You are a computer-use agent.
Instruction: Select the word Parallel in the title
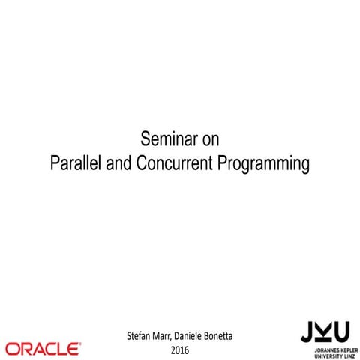[x=76, y=163]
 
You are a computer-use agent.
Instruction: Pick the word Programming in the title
[x=263, y=163]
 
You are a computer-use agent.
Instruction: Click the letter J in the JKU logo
[x=306, y=331]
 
